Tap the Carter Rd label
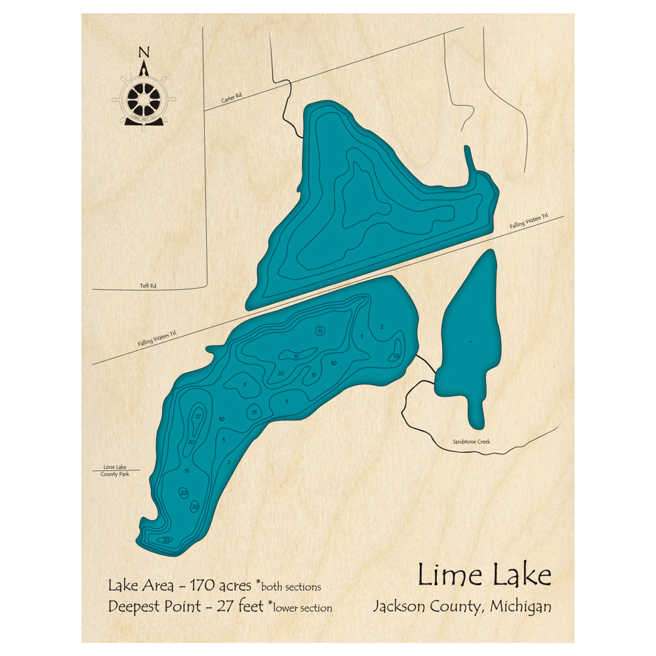232,98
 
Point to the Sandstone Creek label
471,441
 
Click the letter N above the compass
144,52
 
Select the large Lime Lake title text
484,575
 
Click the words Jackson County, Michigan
462,606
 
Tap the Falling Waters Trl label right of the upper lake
528,223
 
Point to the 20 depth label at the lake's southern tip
166,540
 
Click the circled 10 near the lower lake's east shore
396,356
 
